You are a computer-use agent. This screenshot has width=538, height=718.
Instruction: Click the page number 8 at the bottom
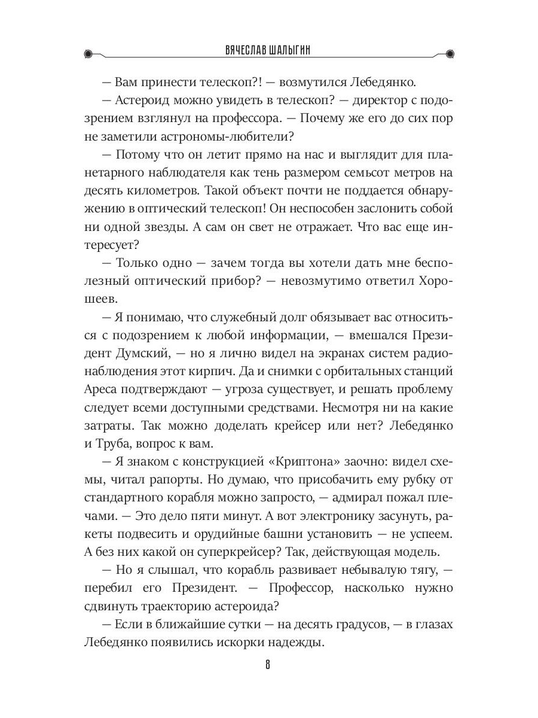click(268, 665)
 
